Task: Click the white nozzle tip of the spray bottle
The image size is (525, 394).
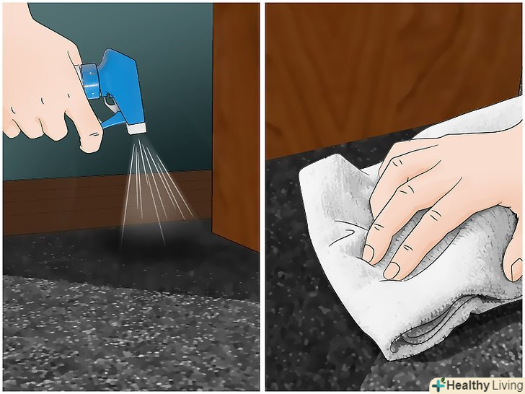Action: [x=136, y=128]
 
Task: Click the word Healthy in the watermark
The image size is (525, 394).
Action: [x=467, y=385]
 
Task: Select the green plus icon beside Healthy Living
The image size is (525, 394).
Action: [x=438, y=385]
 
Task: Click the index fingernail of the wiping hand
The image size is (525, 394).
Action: [x=368, y=253]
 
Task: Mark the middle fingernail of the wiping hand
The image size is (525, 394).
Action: [x=391, y=271]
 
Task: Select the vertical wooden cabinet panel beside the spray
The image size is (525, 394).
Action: [x=236, y=124]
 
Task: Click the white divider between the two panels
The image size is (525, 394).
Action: [x=262, y=197]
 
